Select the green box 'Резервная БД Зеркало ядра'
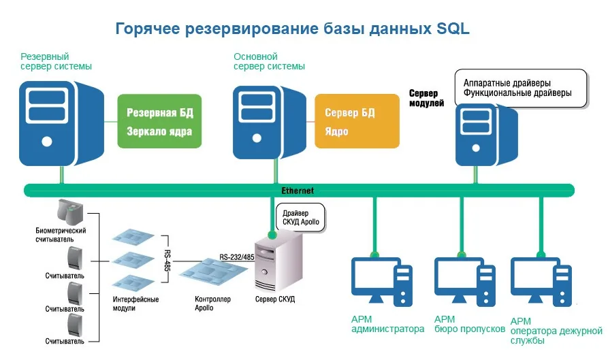click(160, 121)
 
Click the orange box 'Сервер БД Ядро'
click(357, 121)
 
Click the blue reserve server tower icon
click(57, 122)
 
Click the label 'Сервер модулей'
click(426, 98)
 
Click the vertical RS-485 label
click(167, 258)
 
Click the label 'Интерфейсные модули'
click(135, 304)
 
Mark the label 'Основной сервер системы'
click(269, 61)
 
